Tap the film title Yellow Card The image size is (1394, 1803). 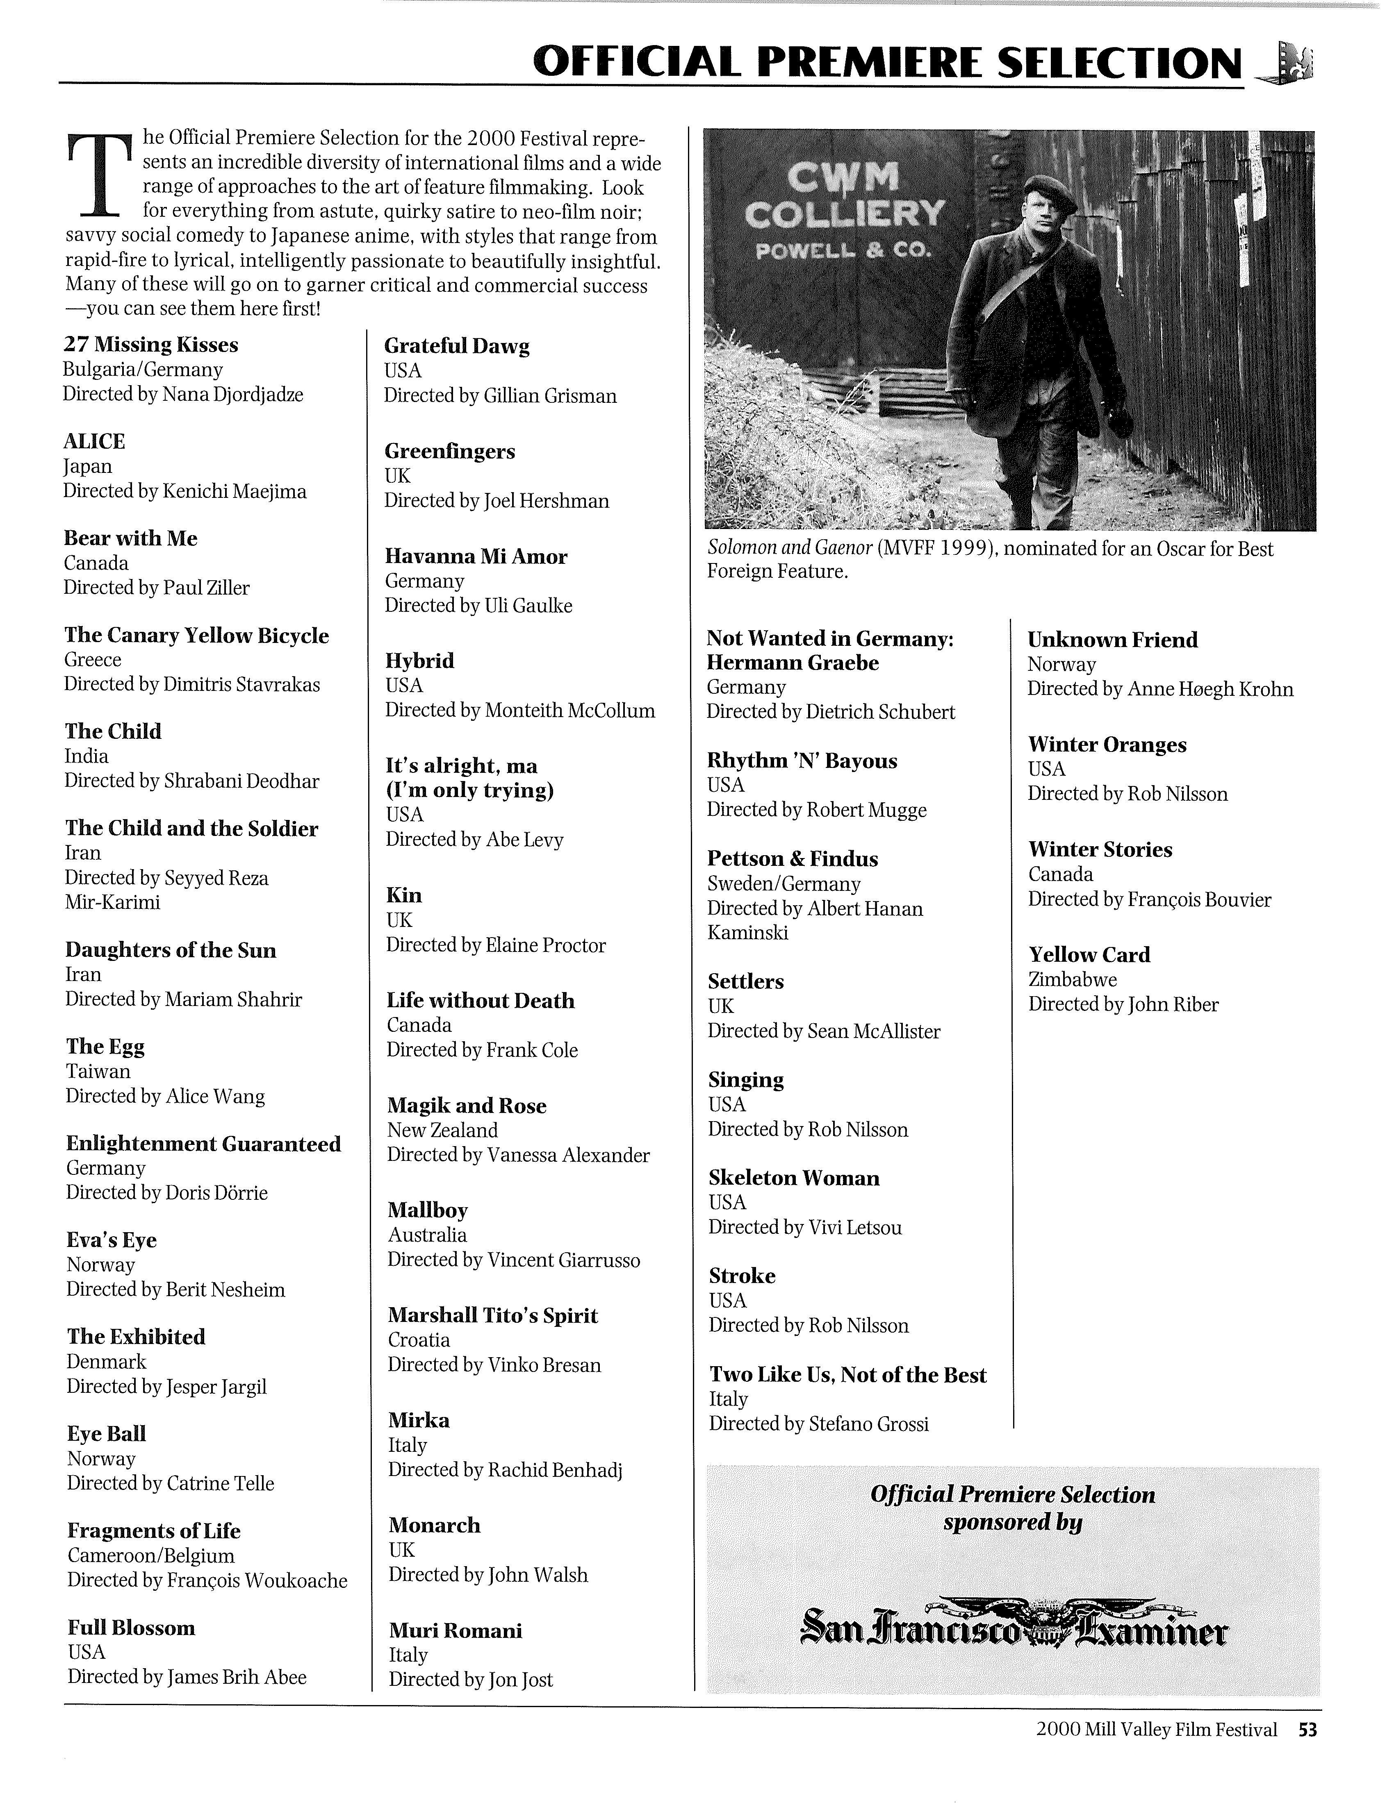pyautogui.click(x=1089, y=955)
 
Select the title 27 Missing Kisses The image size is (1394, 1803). pyautogui.click(x=150, y=345)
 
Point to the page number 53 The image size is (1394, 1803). pyautogui.click(x=1307, y=1730)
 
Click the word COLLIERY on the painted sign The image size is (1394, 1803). pyautogui.click(x=844, y=214)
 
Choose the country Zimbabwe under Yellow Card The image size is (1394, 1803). pyautogui.click(x=1072, y=980)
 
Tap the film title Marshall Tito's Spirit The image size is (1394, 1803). pyautogui.click(x=492, y=1316)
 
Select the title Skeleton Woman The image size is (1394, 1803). pyautogui.click(x=794, y=1178)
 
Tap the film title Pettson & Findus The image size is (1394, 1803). pyautogui.click(x=792, y=859)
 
